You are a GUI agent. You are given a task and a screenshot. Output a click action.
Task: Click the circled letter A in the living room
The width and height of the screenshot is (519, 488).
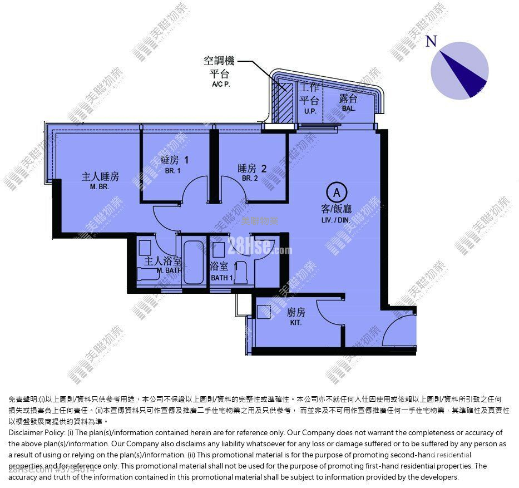(x=337, y=193)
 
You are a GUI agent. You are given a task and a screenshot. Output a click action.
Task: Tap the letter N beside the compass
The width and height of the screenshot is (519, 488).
(x=431, y=42)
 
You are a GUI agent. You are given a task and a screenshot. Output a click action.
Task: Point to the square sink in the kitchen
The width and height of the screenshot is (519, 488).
(x=264, y=312)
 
